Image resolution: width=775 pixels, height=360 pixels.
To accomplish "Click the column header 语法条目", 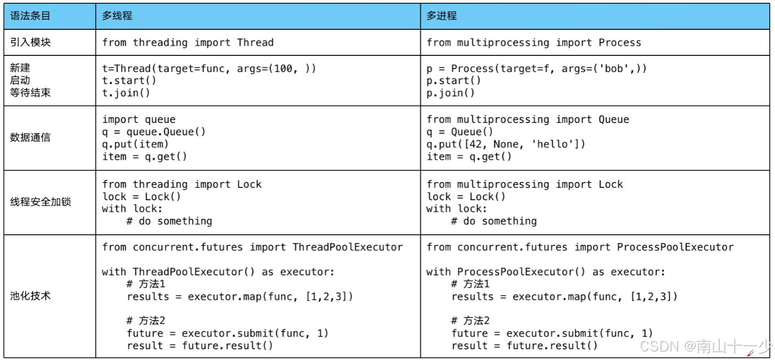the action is click(x=30, y=16).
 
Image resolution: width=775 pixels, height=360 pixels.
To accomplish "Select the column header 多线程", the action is click(x=117, y=16).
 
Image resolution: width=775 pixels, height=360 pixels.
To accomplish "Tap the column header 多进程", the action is click(x=442, y=16).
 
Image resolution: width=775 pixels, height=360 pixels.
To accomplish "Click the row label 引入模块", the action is click(x=30, y=42).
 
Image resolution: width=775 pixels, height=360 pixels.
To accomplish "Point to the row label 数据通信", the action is click(x=30, y=137).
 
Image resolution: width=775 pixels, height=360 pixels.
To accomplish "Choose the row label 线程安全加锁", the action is click(x=40, y=202).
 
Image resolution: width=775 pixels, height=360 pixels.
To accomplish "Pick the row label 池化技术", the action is click(x=30, y=296).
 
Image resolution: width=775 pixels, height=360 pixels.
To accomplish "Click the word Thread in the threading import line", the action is click(x=255, y=43).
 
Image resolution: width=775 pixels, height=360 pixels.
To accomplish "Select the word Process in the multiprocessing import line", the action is click(x=619, y=43).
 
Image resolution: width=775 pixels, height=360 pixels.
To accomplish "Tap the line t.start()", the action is click(x=129, y=80).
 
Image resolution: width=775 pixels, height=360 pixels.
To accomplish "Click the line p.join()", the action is click(x=451, y=93).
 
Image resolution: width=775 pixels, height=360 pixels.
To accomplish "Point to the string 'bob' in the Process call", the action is click(x=614, y=69).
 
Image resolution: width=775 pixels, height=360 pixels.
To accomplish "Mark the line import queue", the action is click(x=138, y=120).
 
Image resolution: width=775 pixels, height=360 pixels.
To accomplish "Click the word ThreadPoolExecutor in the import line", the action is click(x=348, y=247).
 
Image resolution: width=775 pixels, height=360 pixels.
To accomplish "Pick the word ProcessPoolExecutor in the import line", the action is click(x=675, y=247).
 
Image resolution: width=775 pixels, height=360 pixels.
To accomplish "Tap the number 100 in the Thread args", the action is click(x=283, y=69).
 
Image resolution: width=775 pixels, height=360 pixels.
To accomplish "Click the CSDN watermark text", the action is click(x=706, y=346).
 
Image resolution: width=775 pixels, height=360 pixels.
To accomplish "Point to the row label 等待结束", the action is click(x=30, y=93).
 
